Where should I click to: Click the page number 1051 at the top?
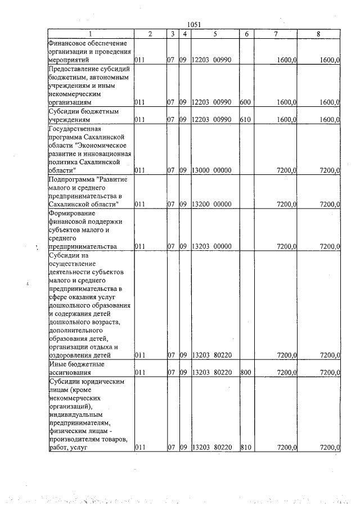click(193, 24)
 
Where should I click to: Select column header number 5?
click(215, 34)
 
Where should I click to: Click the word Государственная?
click(74, 129)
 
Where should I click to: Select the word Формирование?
click(71, 213)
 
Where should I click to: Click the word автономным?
click(107, 76)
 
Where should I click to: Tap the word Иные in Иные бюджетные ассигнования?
click(56, 364)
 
